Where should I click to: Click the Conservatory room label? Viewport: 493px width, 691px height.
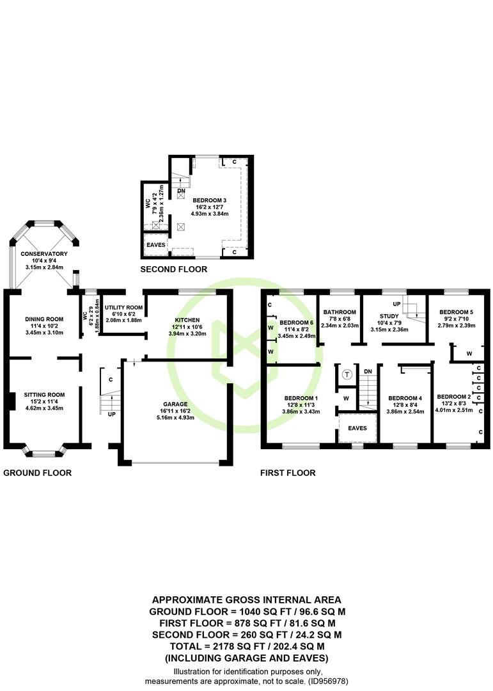tap(43, 254)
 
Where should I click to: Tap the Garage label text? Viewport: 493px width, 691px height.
tap(175, 404)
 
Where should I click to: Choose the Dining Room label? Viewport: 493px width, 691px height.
tap(43, 319)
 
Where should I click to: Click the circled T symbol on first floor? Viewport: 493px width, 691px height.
tap(347, 374)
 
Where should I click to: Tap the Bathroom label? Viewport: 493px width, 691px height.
tap(340, 312)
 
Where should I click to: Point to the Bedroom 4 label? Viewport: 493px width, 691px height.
tap(405, 398)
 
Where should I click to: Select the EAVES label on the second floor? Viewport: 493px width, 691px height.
tap(156, 245)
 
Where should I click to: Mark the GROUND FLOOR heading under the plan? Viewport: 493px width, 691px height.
tap(37, 473)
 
